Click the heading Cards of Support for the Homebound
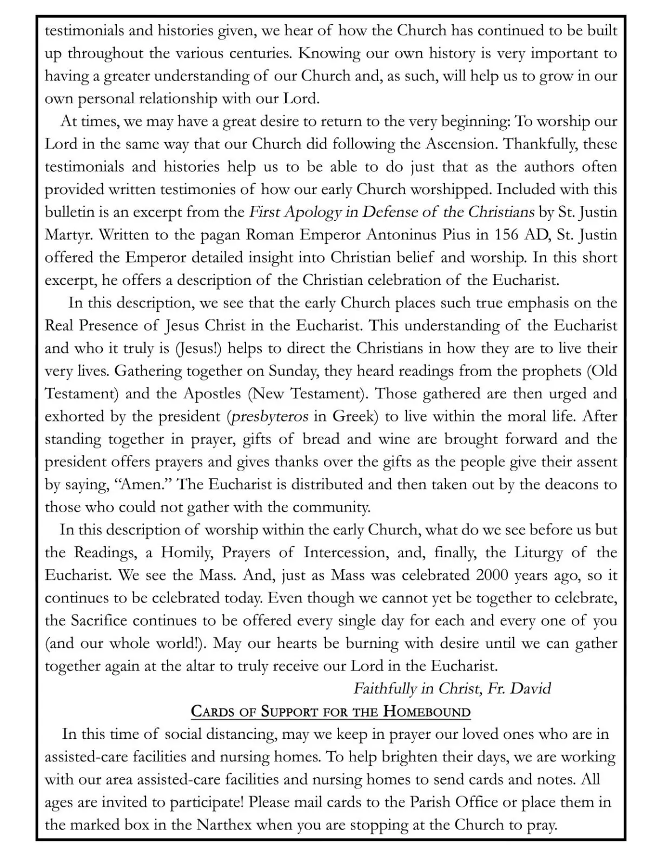(330, 711)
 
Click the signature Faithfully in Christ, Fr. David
(452, 688)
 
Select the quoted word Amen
(142, 484)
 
